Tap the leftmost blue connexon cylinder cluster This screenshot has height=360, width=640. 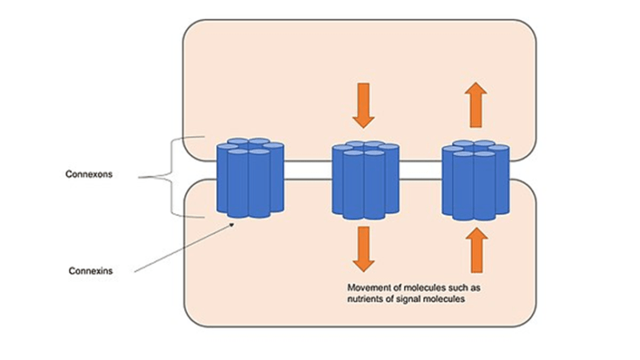(x=250, y=178)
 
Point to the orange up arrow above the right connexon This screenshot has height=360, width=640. (x=476, y=105)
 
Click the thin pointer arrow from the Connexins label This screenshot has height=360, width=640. (x=184, y=248)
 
